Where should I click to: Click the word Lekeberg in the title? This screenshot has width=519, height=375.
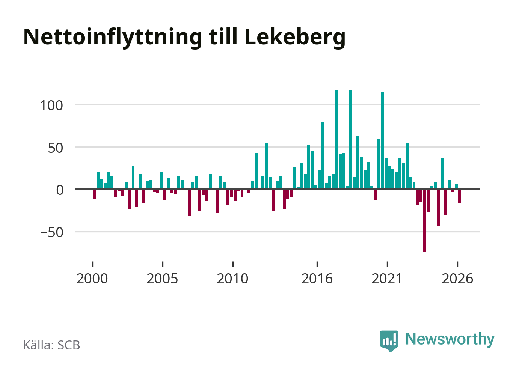(295, 37)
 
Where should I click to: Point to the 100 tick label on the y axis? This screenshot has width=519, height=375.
(51, 106)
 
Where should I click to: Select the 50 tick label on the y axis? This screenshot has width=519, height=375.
(55, 148)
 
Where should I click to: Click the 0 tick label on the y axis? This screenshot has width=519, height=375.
(60, 190)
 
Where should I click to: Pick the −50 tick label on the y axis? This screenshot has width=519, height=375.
(52, 233)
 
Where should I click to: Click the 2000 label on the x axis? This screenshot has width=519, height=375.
(92, 279)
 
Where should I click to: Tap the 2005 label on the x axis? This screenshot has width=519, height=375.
(162, 279)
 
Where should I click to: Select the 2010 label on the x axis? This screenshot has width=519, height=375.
(232, 279)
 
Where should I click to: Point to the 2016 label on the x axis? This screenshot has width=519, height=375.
(317, 279)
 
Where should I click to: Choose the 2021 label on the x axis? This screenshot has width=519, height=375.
(387, 279)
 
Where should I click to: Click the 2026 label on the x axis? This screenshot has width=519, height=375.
(457, 279)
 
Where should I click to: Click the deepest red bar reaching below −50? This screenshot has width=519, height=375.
(425, 221)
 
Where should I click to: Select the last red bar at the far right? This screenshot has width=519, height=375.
(460, 196)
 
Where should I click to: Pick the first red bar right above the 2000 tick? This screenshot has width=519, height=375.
(95, 194)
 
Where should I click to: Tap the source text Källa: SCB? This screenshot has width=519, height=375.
(51, 345)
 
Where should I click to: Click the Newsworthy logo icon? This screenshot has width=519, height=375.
(389, 341)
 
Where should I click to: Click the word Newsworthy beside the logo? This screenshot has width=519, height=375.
(450, 340)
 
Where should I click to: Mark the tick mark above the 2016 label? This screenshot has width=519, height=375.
(317, 264)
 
